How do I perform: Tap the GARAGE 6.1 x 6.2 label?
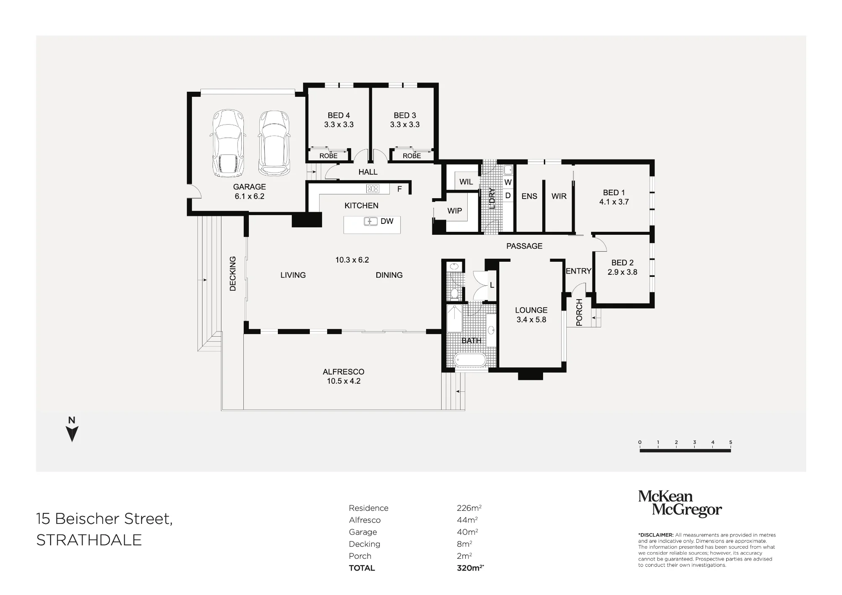coord(249,191)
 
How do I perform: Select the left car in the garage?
coord(228,143)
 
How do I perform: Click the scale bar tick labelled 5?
coord(731,442)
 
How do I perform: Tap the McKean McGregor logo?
coord(680,503)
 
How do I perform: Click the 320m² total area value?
coord(470,568)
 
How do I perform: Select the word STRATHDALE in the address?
coord(89,540)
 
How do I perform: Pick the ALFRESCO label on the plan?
coord(344,372)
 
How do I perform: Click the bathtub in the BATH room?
coord(470,360)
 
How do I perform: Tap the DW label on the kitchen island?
coord(387,221)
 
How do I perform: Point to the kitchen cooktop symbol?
coord(373,189)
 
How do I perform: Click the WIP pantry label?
coord(455,211)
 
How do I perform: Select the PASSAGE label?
coord(524,246)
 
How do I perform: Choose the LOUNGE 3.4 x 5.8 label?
coord(531,315)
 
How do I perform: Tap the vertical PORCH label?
coord(579,312)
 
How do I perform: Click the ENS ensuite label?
coord(529,196)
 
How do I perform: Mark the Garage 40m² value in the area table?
coord(467,531)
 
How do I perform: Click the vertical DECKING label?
coord(233,274)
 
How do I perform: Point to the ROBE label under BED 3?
coord(412,156)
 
